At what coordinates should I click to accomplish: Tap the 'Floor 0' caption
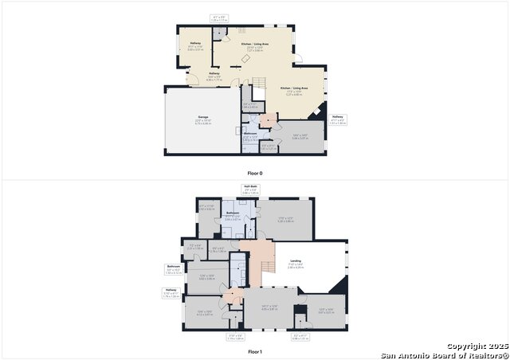point(254,173)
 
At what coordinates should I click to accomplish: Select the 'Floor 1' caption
point(254,351)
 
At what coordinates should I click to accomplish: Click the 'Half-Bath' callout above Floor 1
point(250,188)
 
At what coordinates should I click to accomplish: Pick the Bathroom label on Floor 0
point(249,134)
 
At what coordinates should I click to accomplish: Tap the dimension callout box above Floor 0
point(219,18)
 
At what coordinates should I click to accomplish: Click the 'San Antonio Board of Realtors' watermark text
point(443,354)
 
